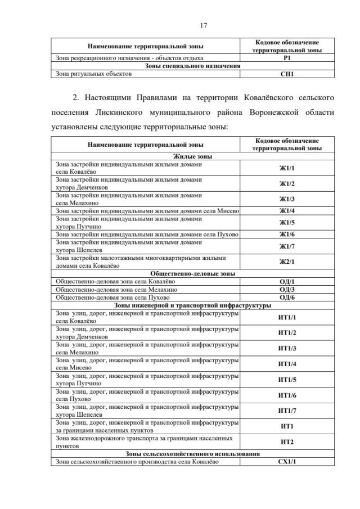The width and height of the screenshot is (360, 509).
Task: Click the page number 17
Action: tap(204, 25)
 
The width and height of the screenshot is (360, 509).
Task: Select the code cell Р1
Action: tap(287, 58)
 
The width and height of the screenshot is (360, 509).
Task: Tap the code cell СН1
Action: tap(287, 73)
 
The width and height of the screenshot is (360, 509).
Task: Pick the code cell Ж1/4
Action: tap(287, 210)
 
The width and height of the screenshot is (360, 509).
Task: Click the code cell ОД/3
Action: tap(287, 289)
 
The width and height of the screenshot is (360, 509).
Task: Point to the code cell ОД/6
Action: tap(287, 297)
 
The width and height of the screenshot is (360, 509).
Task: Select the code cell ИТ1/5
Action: tap(287, 380)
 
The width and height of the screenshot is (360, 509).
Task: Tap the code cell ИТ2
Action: tap(287, 442)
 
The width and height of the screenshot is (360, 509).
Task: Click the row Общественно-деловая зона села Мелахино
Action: tap(112, 289)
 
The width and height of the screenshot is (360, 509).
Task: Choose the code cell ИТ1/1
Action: tap(287, 317)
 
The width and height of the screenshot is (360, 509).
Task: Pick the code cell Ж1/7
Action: tap(287, 246)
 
